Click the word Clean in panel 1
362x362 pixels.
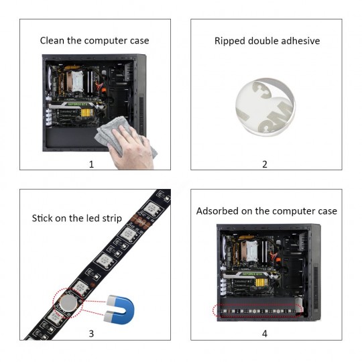[x=52, y=41]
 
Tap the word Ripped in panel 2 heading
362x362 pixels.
[x=230, y=42]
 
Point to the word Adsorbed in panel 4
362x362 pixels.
[x=215, y=211]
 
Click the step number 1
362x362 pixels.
[x=91, y=164]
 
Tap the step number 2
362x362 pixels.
[x=265, y=164]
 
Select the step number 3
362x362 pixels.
[x=91, y=334]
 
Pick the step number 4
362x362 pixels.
[x=265, y=334]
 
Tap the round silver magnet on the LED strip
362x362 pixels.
[x=68, y=303]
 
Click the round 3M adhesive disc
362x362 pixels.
[x=265, y=107]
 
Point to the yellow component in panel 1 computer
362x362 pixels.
[x=87, y=113]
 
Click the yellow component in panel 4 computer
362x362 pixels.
[x=261, y=282]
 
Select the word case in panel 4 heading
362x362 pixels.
[x=327, y=211]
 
